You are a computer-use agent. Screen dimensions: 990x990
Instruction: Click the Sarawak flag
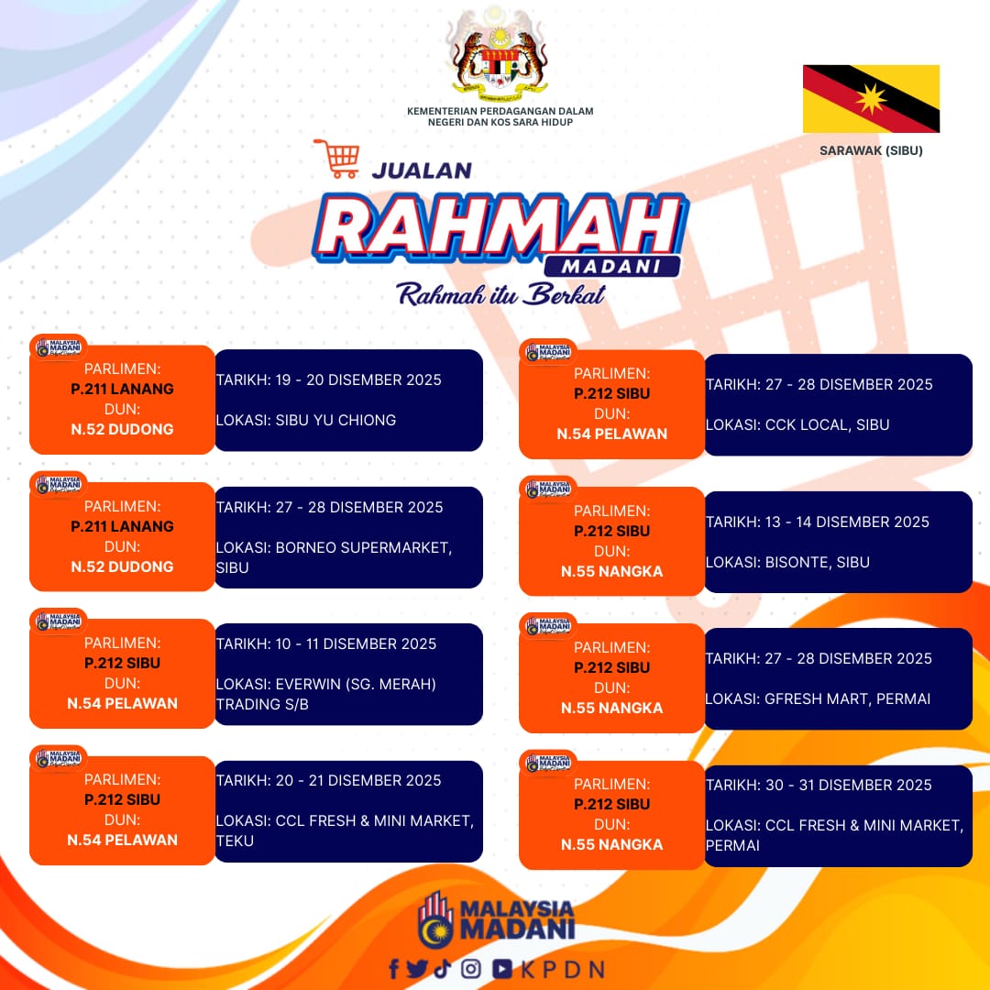pos(871,98)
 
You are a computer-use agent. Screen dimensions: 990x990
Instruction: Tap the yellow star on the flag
pos(872,99)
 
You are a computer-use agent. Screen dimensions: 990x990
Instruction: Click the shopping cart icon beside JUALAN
pos(337,159)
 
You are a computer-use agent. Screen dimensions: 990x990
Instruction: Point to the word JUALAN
pos(422,170)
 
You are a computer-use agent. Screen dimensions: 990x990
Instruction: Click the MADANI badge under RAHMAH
pos(611,267)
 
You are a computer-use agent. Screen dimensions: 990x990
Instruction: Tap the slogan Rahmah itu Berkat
pos(500,295)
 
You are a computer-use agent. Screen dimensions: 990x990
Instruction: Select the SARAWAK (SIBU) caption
pos(871,150)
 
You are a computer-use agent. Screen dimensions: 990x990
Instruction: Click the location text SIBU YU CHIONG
pos(335,420)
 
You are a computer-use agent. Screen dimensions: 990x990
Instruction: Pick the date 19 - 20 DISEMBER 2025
pos(358,379)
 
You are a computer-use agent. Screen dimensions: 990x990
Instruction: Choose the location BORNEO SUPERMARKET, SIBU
pos(334,557)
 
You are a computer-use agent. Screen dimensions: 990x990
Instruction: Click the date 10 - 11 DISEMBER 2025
pos(356,643)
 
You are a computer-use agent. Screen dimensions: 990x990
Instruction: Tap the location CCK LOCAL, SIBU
pos(827,425)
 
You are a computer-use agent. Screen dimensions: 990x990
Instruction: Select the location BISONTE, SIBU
pos(817,562)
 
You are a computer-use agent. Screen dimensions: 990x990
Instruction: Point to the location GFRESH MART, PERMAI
pos(847,698)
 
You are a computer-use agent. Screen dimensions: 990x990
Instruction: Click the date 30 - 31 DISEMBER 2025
pos(849,785)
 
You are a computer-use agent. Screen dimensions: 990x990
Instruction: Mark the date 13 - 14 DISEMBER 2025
pos(847,522)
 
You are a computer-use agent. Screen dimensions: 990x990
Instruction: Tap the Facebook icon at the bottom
pos(394,969)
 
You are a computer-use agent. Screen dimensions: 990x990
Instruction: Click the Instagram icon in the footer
pos(470,969)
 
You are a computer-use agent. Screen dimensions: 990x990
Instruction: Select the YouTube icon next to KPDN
pos(502,969)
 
